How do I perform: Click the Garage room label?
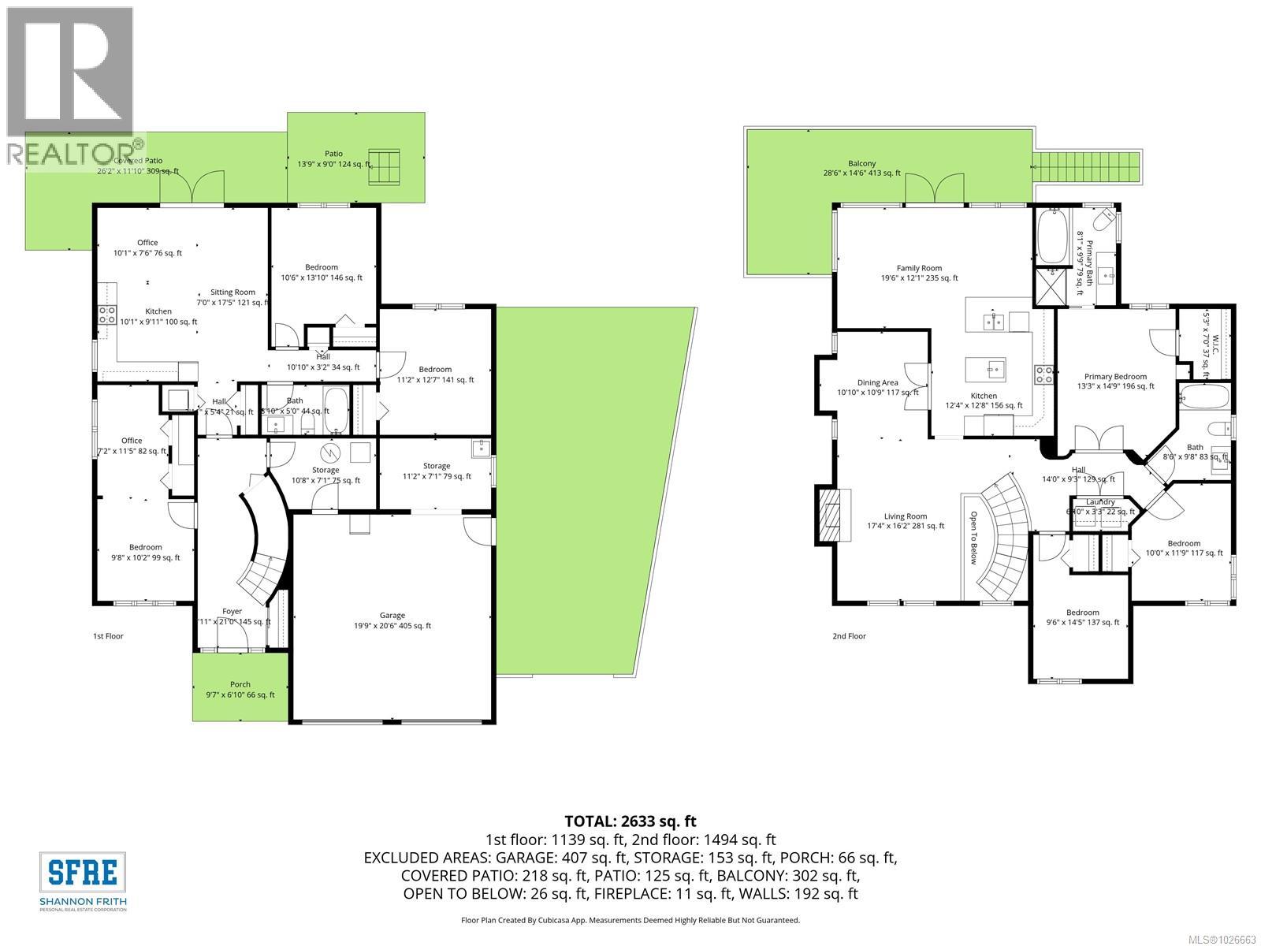pos(392,615)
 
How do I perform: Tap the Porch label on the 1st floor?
pos(240,684)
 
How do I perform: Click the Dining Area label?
pos(877,382)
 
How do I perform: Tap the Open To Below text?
pos(973,538)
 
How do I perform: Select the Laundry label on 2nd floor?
pos(1100,502)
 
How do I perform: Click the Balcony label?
pos(861,164)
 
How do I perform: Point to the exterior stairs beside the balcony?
pos(1088,166)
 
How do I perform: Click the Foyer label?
pos(232,611)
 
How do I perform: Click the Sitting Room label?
pos(232,292)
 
